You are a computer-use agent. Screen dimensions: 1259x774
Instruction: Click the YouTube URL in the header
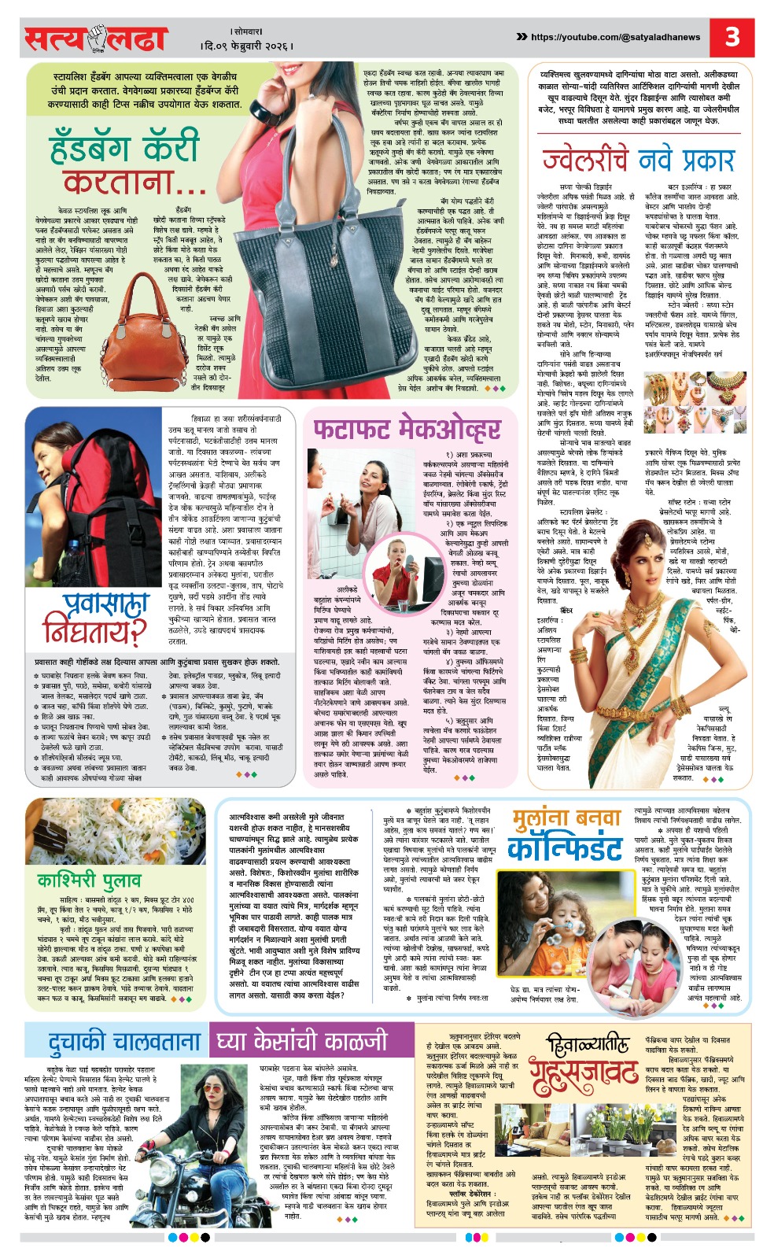pyautogui.click(x=615, y=37)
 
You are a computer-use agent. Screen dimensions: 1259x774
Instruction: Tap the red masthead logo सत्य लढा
pyautogui.click(x=95, y=39)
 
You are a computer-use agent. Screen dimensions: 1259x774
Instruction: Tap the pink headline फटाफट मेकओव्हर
pyautogui.click(x=406, y=430)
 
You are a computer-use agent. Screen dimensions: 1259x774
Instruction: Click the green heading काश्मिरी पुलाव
pyautogui.click(x=89, y=879)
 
